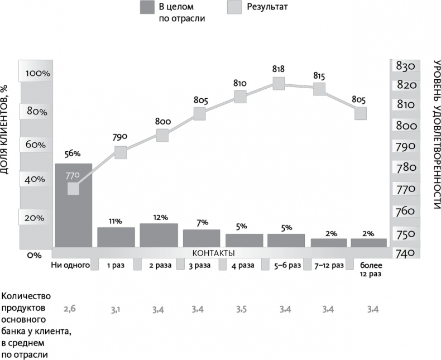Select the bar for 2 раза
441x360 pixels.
click(x=159, y=235)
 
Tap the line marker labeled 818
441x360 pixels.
click(x=279, y=84)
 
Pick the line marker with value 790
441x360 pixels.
click(x=121, y=152)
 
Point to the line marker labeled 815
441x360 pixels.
click(x=319, y=89)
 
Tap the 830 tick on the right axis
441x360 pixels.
click(x=405, y=66)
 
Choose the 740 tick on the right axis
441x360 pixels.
click(x=405, y=253)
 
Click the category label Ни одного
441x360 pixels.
click(x=70, y=265)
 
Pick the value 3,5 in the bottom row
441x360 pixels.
click(x=241, y=308)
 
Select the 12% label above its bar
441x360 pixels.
click(x=159, y=217)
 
